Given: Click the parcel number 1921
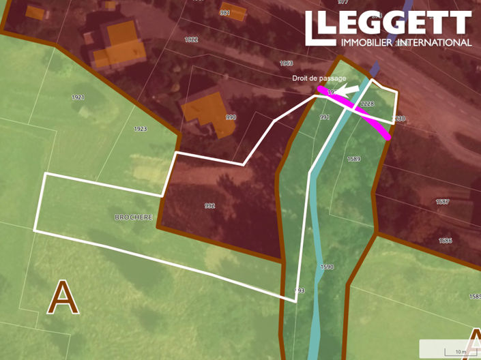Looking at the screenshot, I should (78, 97).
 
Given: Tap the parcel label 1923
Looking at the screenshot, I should (141, 129).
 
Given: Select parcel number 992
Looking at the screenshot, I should (209, 205).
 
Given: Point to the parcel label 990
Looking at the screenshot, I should (231, 117).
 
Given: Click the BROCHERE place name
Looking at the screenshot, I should (134, 217).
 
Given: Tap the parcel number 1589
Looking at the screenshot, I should (353, 159).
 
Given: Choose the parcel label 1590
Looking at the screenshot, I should (327, 267).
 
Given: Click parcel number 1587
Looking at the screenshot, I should (443, 202).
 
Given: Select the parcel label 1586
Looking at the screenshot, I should (446, 241).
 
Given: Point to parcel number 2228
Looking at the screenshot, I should (367, 104).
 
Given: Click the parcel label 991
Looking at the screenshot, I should (325, 117).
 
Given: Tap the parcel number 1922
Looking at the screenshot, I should (191, 40).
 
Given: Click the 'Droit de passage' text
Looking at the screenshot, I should (315, 78).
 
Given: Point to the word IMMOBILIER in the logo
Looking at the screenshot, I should (368, 42).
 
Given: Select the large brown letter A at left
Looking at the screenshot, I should (62, 298).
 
